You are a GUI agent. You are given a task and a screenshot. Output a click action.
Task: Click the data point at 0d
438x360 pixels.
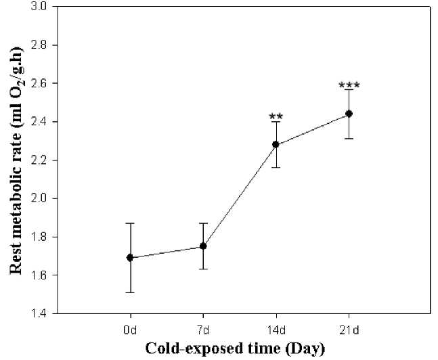[130, 258]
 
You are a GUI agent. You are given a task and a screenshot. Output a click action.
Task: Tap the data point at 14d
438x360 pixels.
[276, 144]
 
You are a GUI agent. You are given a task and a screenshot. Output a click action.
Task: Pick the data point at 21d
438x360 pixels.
[349, 114]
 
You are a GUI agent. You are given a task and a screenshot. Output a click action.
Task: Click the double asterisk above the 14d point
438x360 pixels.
[276, 116]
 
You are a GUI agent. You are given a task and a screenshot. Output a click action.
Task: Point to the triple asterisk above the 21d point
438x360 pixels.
[349, 85]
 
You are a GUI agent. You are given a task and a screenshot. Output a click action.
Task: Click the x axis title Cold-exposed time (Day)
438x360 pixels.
[236, 349]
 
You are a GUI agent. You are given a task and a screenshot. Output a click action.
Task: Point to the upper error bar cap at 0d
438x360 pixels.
[130, 223]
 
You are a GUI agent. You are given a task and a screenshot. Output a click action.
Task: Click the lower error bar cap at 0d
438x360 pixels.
[130, 292]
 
